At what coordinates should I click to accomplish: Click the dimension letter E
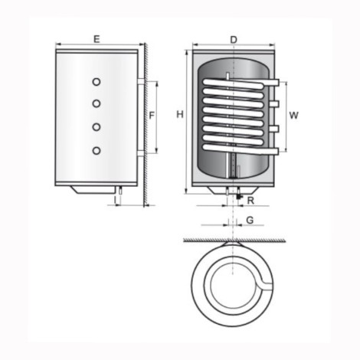tap(96, 38)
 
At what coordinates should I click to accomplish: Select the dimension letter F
tap(152, 116)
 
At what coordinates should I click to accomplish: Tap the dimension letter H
tap(178, 115)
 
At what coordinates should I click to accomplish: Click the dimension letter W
tap(293, 115)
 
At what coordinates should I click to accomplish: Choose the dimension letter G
tap(250, 221)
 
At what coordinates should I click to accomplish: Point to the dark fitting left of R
tap(239, 198)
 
